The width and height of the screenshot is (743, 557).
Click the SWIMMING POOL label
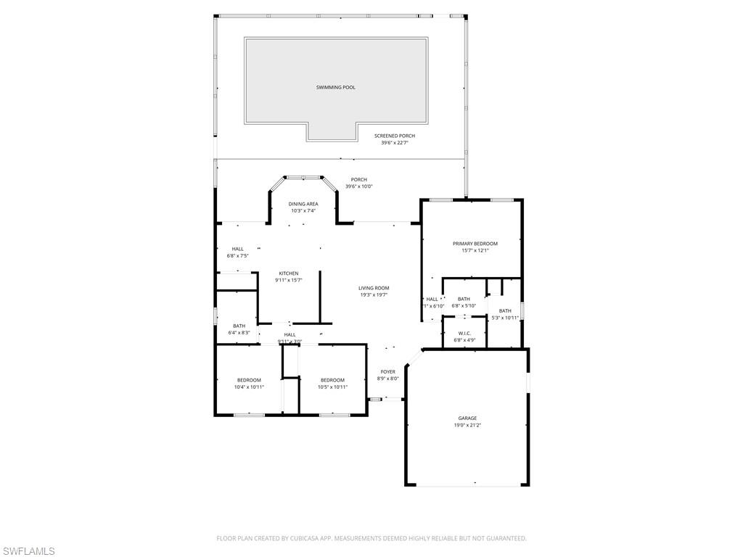click(335, 88)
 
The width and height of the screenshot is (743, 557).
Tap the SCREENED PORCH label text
click(395, 136)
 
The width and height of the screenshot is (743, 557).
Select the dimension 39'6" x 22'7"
click(395, 143)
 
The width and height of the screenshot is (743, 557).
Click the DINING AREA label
click(303, 204)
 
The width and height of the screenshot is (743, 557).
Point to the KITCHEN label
click(288, 273)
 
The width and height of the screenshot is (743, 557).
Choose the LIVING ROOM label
click(374, 288)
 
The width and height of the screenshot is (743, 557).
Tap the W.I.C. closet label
click(464, 333)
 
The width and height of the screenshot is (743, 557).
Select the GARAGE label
click(467, 418)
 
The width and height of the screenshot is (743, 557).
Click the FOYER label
click(388, 371)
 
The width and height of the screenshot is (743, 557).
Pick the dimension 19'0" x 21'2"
click(467, 425)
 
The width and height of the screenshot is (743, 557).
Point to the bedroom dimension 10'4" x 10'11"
click(249, 387)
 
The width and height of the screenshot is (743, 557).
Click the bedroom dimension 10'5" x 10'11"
click(332, 387)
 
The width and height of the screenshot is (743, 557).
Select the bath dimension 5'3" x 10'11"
click(505, 318)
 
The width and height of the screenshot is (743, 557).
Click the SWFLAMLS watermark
click(28, 552)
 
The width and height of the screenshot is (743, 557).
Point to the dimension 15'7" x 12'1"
click(475, 251)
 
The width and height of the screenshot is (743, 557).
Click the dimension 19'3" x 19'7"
click(374, 295)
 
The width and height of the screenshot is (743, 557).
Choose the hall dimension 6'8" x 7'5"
click(238, 256)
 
